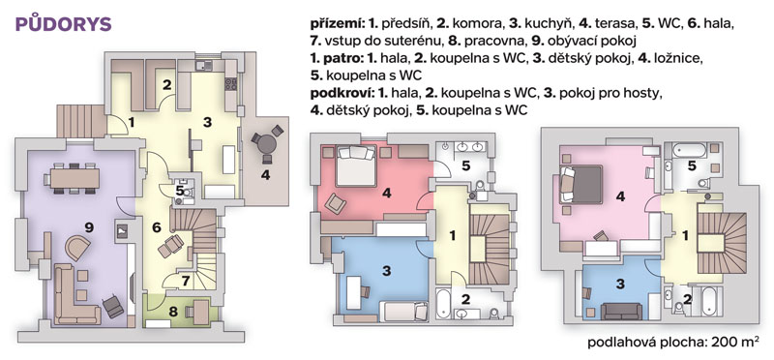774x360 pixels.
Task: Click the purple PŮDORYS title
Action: pyautogui.click(x=64, y=24)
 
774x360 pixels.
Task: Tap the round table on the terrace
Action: pyautogui.click(x=267, y=143)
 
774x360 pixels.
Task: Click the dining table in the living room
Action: pyautogui.click(x=75, y=178)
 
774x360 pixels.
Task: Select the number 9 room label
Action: pyautogui.click(x=89, y=227)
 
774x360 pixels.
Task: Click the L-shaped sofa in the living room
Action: pyautogui.click(x=75, y=295)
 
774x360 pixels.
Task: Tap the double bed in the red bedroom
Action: pyautogui.click(x=355, y=165)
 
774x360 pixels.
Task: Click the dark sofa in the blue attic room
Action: pyautogui.click(x=621, y=311)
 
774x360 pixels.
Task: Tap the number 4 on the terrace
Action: pyautogui.click(x=265, y=174)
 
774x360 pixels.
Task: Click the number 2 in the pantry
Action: pyautogui.click(x=166, y=84)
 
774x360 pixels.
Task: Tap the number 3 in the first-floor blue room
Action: pyautogui.click(x=386, y=270)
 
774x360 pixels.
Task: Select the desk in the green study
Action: pyautogui.click(x=201, y=313)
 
